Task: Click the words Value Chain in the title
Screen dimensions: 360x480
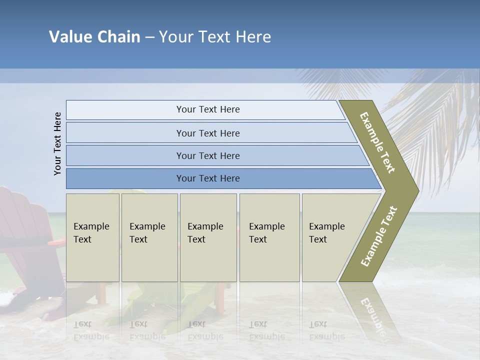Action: click(94, 37)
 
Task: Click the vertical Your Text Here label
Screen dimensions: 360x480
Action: click(57, 143)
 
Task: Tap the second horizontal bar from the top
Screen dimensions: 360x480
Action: click(207, 133)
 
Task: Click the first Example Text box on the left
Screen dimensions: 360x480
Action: click(92, 237)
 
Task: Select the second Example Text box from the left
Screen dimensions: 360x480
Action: click(149, 237)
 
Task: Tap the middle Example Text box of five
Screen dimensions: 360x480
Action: click(208, 237)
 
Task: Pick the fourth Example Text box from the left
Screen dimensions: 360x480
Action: click(269, 237)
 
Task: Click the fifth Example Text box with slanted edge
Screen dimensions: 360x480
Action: click(330, 237)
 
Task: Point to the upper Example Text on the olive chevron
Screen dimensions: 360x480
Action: click(377, 142)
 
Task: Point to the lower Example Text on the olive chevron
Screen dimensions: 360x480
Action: click(378, 236)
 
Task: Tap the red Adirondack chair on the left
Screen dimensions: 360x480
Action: click(25, 225)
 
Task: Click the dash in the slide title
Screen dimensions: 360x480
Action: click(149, 37)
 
